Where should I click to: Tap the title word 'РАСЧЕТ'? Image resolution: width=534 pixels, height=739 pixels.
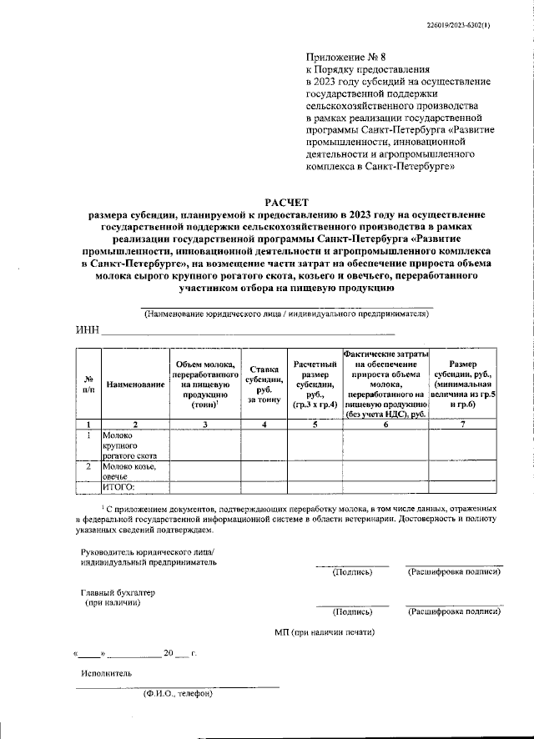click(286, 203)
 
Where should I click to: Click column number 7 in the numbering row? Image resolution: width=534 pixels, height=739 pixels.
click(463, 425)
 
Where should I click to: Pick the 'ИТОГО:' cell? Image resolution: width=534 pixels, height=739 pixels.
click(118, 487)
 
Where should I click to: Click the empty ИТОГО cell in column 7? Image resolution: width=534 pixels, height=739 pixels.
click(463, 487)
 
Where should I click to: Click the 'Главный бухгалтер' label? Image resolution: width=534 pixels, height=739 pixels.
click(118, 592)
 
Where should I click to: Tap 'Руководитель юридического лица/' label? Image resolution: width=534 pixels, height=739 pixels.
click(147, 552)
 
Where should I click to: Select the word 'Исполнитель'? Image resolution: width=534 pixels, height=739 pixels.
click(106, 672)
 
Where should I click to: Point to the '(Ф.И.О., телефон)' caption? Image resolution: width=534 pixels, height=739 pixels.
click(178, 693)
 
